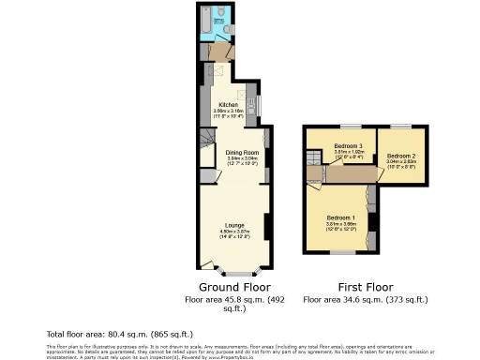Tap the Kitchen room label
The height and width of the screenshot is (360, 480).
coord(229,105)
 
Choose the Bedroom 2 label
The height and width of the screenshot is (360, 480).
coord(400,155)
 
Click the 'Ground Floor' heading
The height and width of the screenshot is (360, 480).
coord(234,286)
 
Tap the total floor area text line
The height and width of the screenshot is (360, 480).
coord(120,334)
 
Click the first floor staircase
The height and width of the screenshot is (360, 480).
coord(310,172)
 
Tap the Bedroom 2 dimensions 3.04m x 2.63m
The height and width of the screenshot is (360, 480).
coord(400,163)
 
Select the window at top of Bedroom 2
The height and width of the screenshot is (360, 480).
coord(400,126)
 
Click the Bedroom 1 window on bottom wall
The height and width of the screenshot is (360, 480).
coord(343,252)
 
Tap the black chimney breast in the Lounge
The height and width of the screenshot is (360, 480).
coord(267,226)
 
